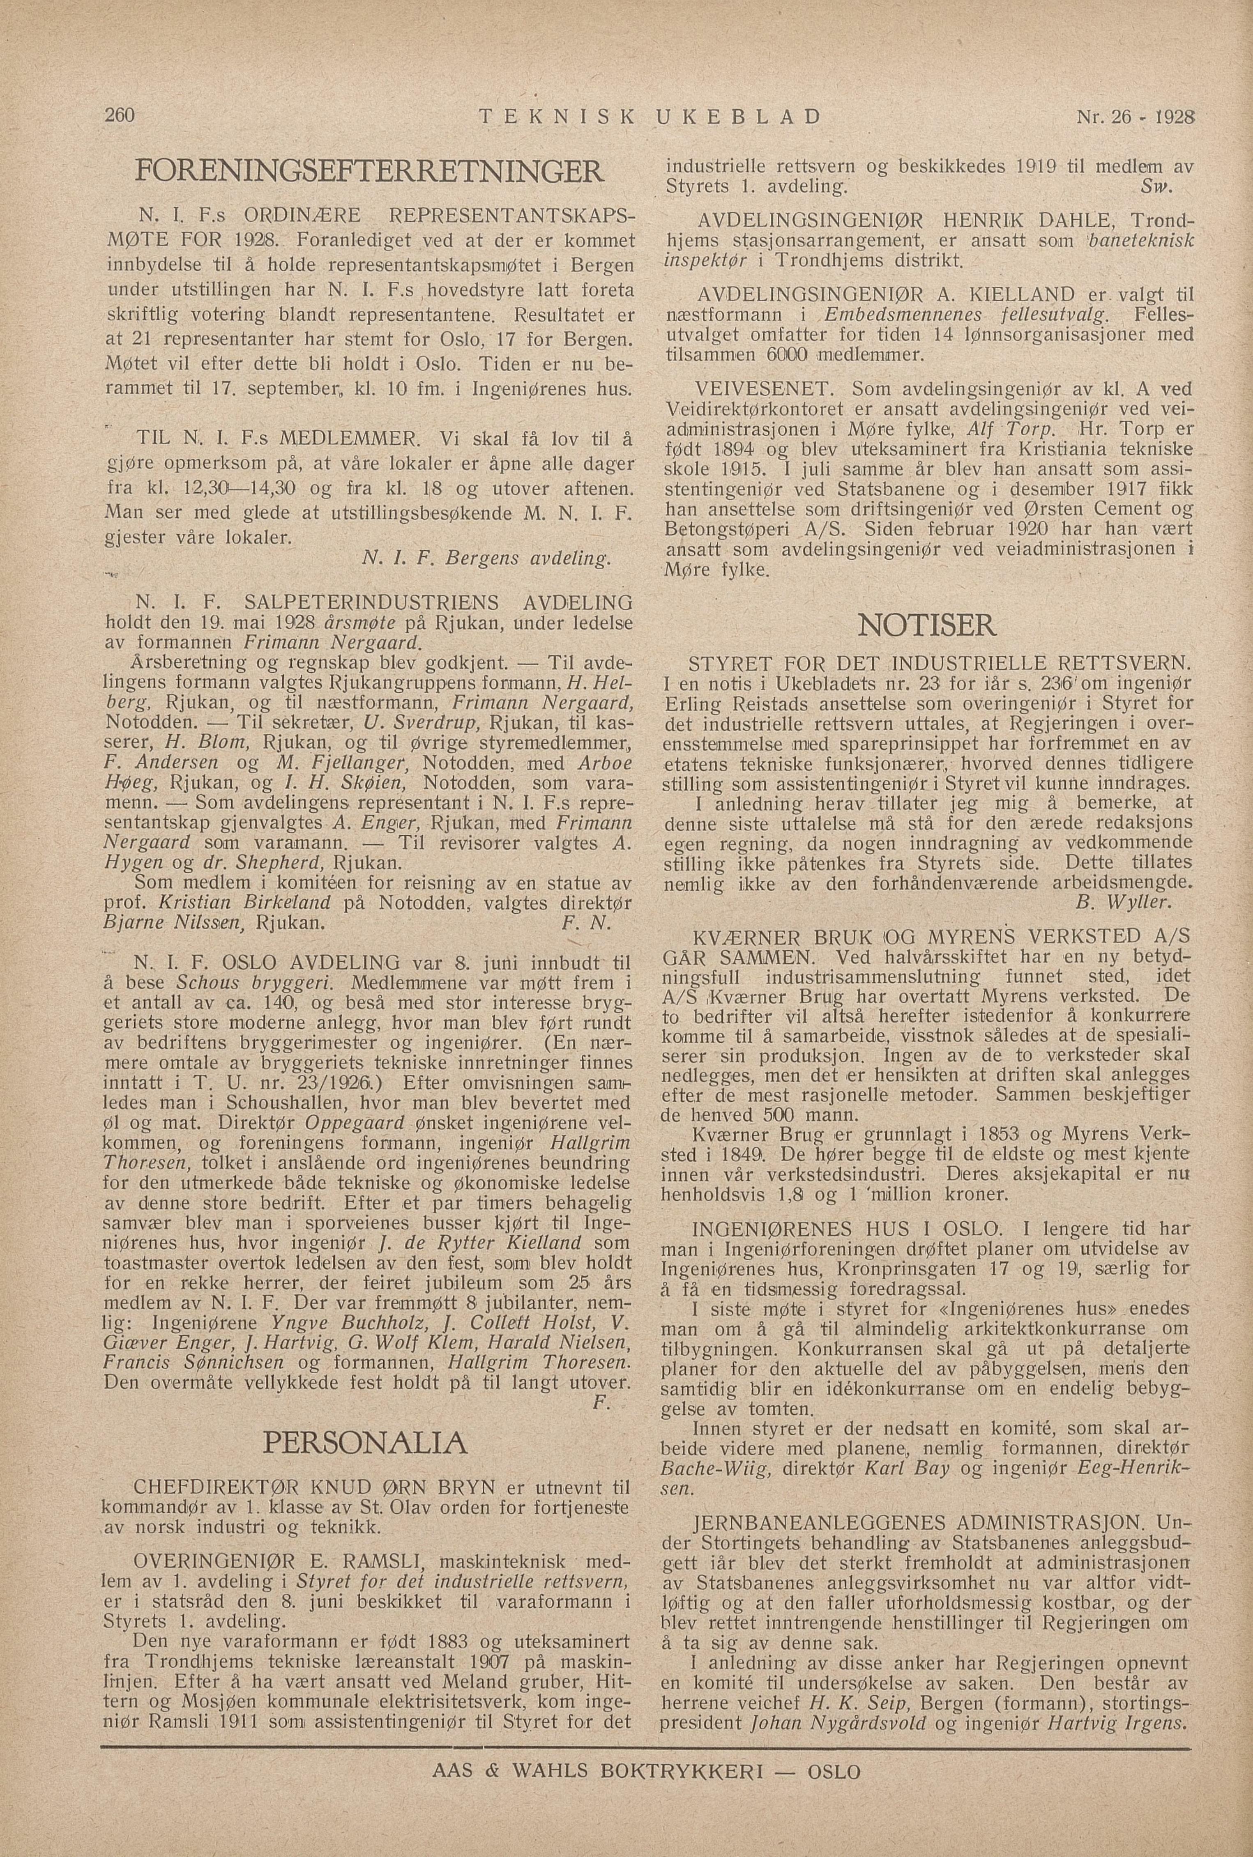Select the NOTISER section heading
tap(927, 624)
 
